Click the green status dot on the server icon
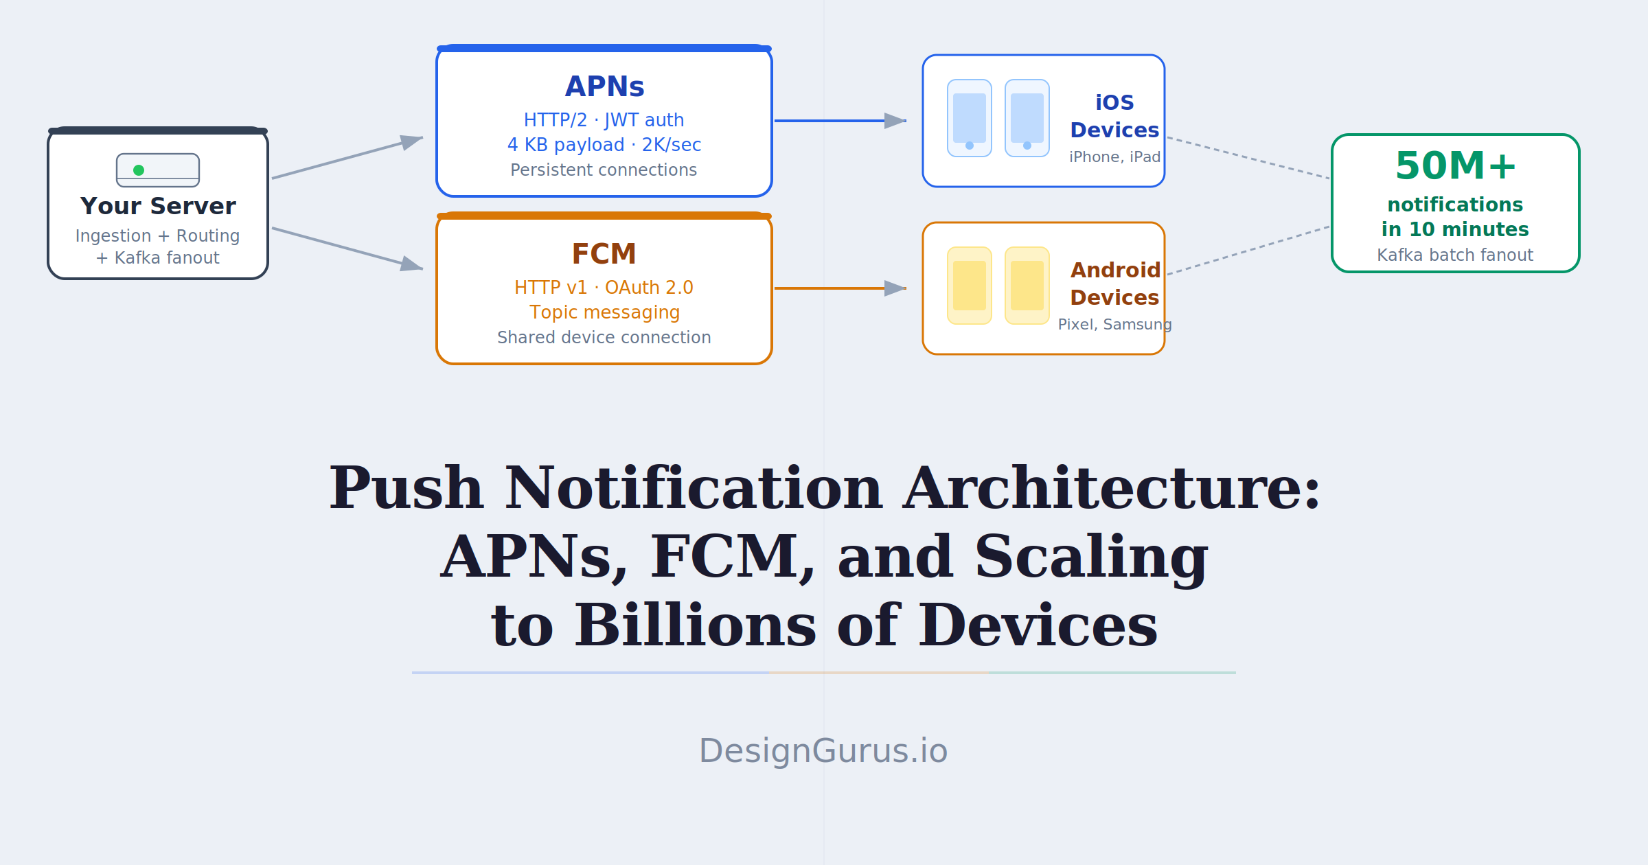[x=139, y=170]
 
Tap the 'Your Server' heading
[x=158, y=206]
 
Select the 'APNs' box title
[x=604, y=86]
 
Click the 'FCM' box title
[x=604, y=254]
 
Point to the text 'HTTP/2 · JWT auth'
[x=604, y=120]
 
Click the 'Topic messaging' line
[x=604, y=312]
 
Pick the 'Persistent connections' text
[x=604, y=170]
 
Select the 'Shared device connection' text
[x=604, y=337]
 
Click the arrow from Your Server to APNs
[x=347, y=158]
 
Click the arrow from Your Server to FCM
[x=347, y=249]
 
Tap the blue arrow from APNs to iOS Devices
[x=840, y=121]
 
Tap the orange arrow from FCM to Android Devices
[x=840, y=288]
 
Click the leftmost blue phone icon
[x=970, y=118]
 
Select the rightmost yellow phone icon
[x=1027, y=286]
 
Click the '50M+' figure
[x=1456, y=166]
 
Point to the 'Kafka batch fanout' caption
[x=1455, y=255]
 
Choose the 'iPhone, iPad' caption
[x=1115, y=157]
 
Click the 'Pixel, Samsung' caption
[x=1115, y=324]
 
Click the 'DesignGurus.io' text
[x=823, y=750]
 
